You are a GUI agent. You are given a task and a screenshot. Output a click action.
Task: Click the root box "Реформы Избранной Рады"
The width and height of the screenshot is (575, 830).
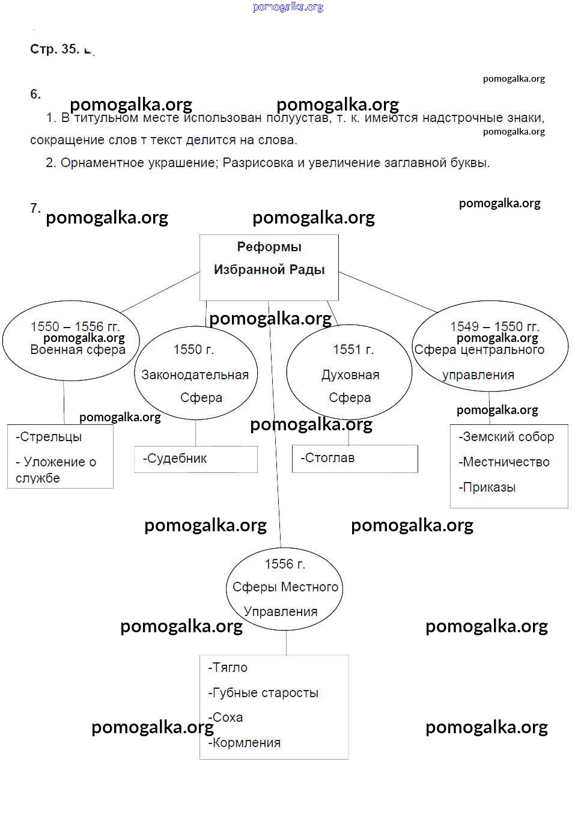click(x=269, y=267)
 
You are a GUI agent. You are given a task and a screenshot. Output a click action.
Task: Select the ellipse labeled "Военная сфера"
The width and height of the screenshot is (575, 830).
click(x=71, y=341)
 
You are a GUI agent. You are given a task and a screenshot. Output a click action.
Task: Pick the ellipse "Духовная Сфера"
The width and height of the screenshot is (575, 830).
click(x=349, y=373)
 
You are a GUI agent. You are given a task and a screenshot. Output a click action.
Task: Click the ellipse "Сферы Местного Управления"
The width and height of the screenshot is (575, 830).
click(x=284, y=588)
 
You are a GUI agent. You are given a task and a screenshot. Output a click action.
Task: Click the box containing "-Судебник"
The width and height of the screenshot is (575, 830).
click(x=196, y=459)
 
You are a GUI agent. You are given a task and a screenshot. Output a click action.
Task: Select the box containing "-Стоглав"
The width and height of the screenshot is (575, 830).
click(x=354, y=458)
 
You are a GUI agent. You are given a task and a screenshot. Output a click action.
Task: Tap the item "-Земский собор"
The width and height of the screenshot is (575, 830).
click(x=506, y=437)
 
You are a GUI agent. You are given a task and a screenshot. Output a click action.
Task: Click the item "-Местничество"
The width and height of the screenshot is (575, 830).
click(x=504, y=462)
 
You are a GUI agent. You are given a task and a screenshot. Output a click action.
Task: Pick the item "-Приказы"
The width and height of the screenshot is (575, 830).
click(x=487, y=487)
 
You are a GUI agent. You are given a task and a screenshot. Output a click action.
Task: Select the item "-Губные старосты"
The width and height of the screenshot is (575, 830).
click(x=263, y=693)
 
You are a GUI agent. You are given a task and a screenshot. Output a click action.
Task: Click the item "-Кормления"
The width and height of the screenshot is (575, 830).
click(x=245, y=743)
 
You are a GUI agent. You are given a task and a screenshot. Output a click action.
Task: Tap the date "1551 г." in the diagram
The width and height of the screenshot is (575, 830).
click(x=353, y=349)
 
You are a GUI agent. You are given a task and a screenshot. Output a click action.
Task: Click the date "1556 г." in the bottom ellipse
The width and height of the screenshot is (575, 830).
click(x=285, y=564)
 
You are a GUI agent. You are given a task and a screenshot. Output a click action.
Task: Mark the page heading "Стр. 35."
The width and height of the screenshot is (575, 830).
click(x=54, y=49)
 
